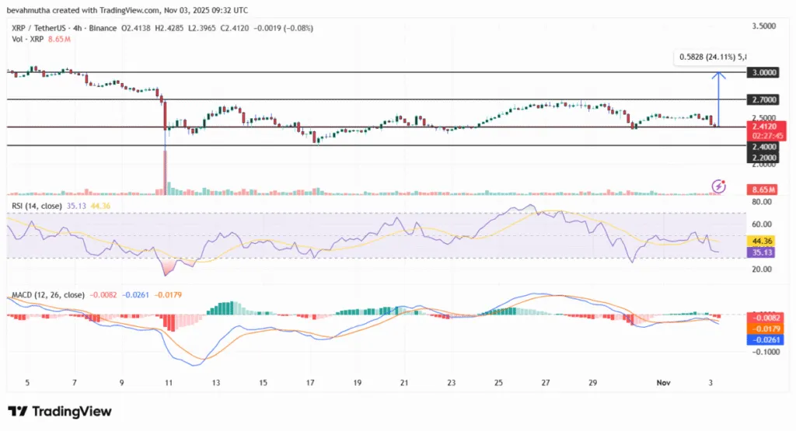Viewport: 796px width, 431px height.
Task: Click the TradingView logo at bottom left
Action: [60, 411]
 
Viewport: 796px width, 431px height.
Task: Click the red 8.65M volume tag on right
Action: [760, 189]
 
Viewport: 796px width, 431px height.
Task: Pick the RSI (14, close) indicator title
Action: [38, 206]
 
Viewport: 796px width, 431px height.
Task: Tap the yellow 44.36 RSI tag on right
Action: [761, 241]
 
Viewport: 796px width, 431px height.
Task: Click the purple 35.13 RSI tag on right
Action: [761, 252]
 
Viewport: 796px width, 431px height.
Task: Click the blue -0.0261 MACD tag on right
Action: [762, 339]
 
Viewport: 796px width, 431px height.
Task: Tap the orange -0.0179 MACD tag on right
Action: [762, 328]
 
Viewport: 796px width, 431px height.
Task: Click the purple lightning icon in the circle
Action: [719, 186]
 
